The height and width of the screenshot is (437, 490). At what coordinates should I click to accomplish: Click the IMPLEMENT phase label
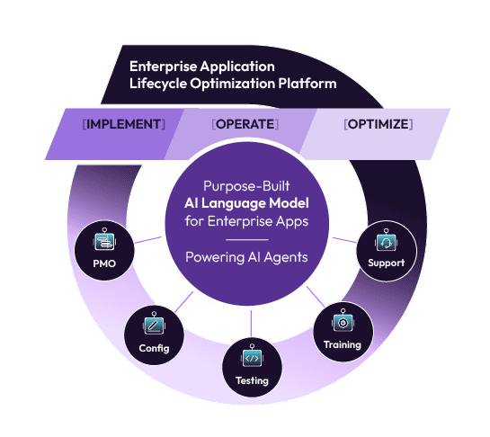click(x=124, y=124)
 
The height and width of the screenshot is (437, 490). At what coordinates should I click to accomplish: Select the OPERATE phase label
click(x=245, y=124)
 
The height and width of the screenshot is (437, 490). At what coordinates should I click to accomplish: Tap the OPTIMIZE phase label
click(x=378, y=124)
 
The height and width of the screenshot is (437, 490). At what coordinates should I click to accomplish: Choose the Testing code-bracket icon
click(x=252, y=358)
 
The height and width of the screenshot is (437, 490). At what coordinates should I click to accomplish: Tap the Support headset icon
click(x=386, y=241)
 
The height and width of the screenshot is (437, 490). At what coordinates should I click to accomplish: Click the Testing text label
click(x=252, y=380)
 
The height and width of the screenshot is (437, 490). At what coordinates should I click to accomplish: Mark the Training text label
click(x=342, y=344)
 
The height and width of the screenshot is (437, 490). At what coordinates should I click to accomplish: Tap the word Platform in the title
click(x=308, y=84)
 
